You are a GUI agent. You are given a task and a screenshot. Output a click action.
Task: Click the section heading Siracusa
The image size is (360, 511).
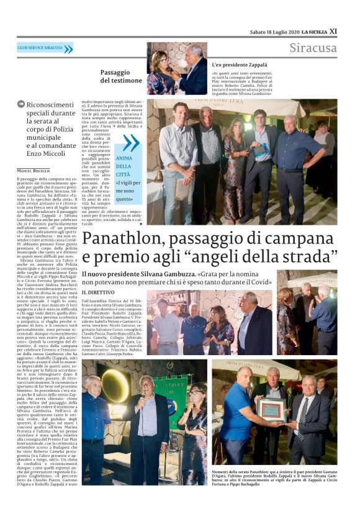(313, 48)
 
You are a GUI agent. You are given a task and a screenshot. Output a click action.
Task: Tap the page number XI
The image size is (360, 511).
(333, 31)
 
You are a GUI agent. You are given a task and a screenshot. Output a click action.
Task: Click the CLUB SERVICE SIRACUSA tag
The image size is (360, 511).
(40, 48)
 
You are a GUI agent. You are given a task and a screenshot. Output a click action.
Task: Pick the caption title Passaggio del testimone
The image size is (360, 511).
(121, 76)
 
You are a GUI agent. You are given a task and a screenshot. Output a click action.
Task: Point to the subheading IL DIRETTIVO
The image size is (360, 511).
(98, 292)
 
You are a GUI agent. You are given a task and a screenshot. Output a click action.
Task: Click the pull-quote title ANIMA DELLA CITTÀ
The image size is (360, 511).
(124, 166)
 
